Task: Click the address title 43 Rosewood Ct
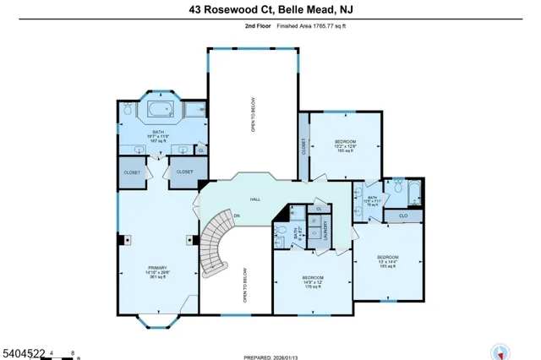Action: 270,10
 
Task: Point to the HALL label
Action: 254,199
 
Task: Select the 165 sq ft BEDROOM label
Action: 345,145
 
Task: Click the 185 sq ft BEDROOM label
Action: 387,260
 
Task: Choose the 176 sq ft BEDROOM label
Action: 313,281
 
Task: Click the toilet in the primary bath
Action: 128,110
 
